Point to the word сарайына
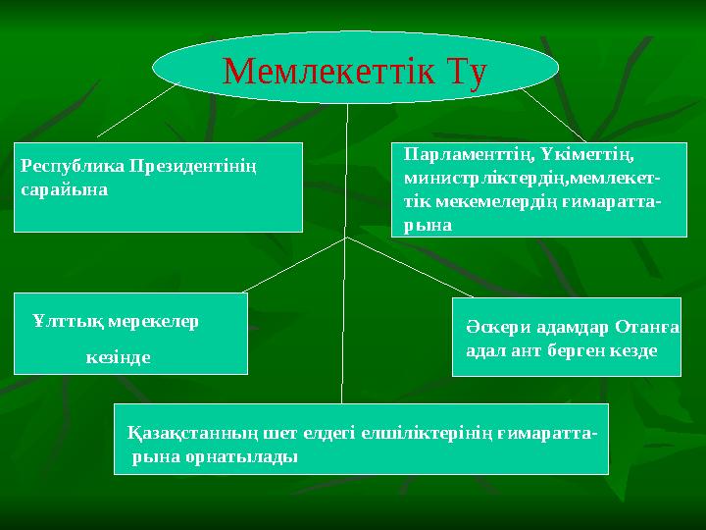58,188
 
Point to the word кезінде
118,356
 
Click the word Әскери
495,327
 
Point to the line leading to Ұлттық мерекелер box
294,265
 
